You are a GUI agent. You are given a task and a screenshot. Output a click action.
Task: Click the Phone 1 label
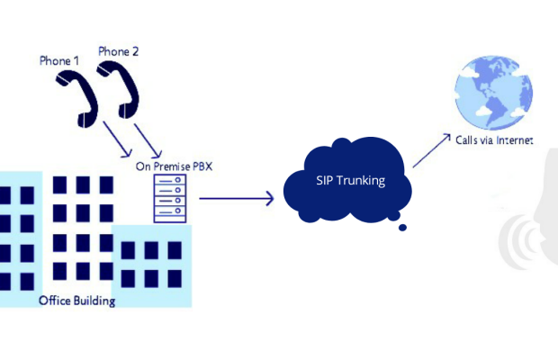pos(59,60)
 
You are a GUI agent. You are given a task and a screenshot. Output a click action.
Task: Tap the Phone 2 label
pos(119,51)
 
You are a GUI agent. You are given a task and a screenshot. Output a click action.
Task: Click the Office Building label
pos(77,301)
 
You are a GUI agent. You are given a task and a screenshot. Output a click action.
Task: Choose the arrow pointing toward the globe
pos(431,150)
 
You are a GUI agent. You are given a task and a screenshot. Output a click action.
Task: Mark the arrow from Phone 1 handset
pos(116,134)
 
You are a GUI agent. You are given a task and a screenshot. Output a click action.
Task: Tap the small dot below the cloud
pos(402,228)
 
